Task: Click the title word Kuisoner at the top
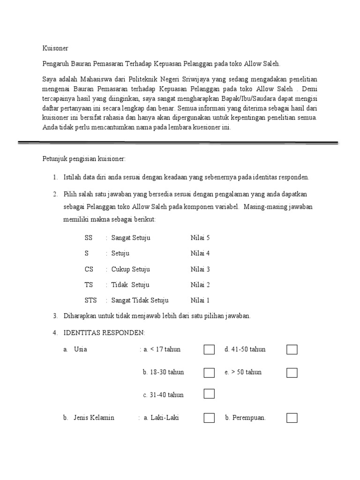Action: point(55,48)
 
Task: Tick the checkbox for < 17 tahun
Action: point(209,350)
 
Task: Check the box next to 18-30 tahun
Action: point(209,373)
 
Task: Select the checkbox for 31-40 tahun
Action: point(209,394)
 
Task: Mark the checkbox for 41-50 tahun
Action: point(292,350)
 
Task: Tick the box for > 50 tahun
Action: point(292,373)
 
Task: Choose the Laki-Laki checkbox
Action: point(209,418)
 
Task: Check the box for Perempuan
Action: point(292,418)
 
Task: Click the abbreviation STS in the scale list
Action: point(90,300)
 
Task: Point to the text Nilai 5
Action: point(200,238)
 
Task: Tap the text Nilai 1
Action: point(200,300)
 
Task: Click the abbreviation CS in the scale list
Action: point(89,270)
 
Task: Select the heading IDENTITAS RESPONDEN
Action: point(104,333)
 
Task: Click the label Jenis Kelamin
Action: point(94,418)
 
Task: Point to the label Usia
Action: point(81,350)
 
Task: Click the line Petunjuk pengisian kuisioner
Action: point(84,159)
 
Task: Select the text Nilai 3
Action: point(200,270)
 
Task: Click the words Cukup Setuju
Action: point(131,270)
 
